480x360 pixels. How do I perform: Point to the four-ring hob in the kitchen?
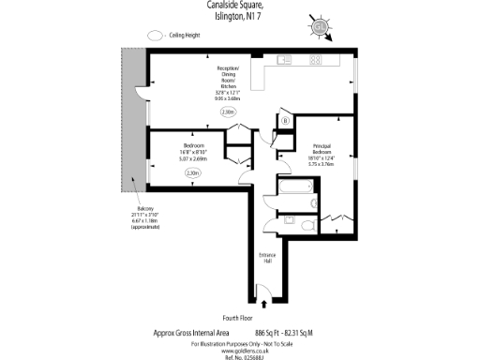click(x=316, y=59)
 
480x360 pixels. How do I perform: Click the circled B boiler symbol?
click(x=285, y=120)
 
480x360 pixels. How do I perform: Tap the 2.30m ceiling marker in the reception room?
click(x=228, y=112)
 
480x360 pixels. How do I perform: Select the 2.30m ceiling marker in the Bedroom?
click(x=193, y=172)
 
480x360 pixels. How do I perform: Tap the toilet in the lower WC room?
click(x=292, y=221)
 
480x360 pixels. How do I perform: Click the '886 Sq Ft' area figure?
click(x=269, y=332)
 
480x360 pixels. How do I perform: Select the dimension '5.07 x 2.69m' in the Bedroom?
click(x=193, y=158)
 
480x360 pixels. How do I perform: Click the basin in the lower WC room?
click(x=308, y=222)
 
